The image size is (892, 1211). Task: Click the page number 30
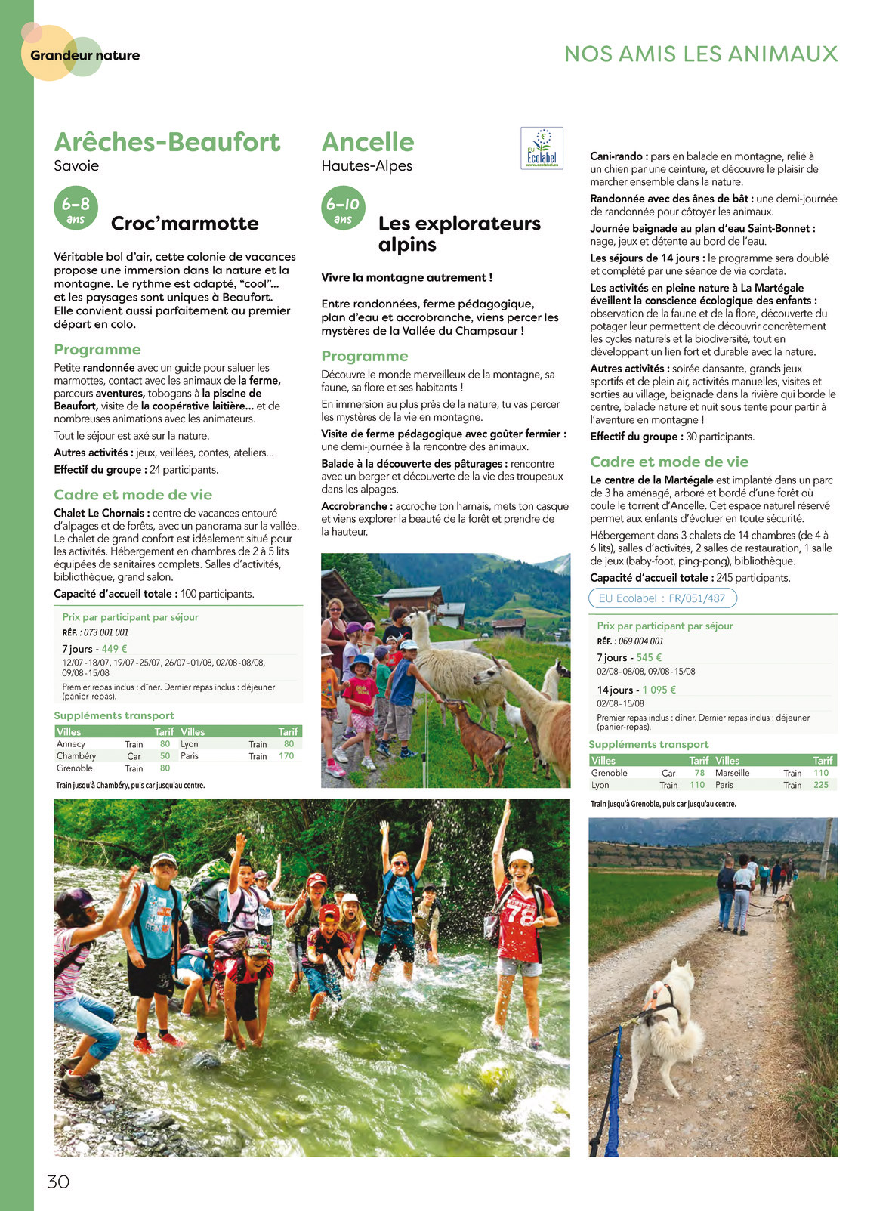point(58,1182)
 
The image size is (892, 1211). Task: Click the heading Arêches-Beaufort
point(167,142)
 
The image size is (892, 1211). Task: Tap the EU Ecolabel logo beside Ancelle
point(542,148)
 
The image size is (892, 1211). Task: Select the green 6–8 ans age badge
point(76,208)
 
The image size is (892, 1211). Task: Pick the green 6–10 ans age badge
point(343,208)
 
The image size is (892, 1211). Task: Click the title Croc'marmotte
point(184,224)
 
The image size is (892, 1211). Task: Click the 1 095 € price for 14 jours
point(659,690)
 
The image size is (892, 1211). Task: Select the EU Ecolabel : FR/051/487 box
point(662,598)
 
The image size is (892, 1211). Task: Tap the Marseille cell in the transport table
point(732,773)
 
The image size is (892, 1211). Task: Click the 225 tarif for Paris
point(820,785)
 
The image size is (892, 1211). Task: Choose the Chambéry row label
point(76,756)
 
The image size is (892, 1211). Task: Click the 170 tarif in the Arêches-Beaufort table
point(286,756)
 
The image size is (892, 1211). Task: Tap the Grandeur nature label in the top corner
point(85,55)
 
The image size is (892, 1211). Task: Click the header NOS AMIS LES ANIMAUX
point(701,54)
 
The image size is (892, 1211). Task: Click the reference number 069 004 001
point(640,641)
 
